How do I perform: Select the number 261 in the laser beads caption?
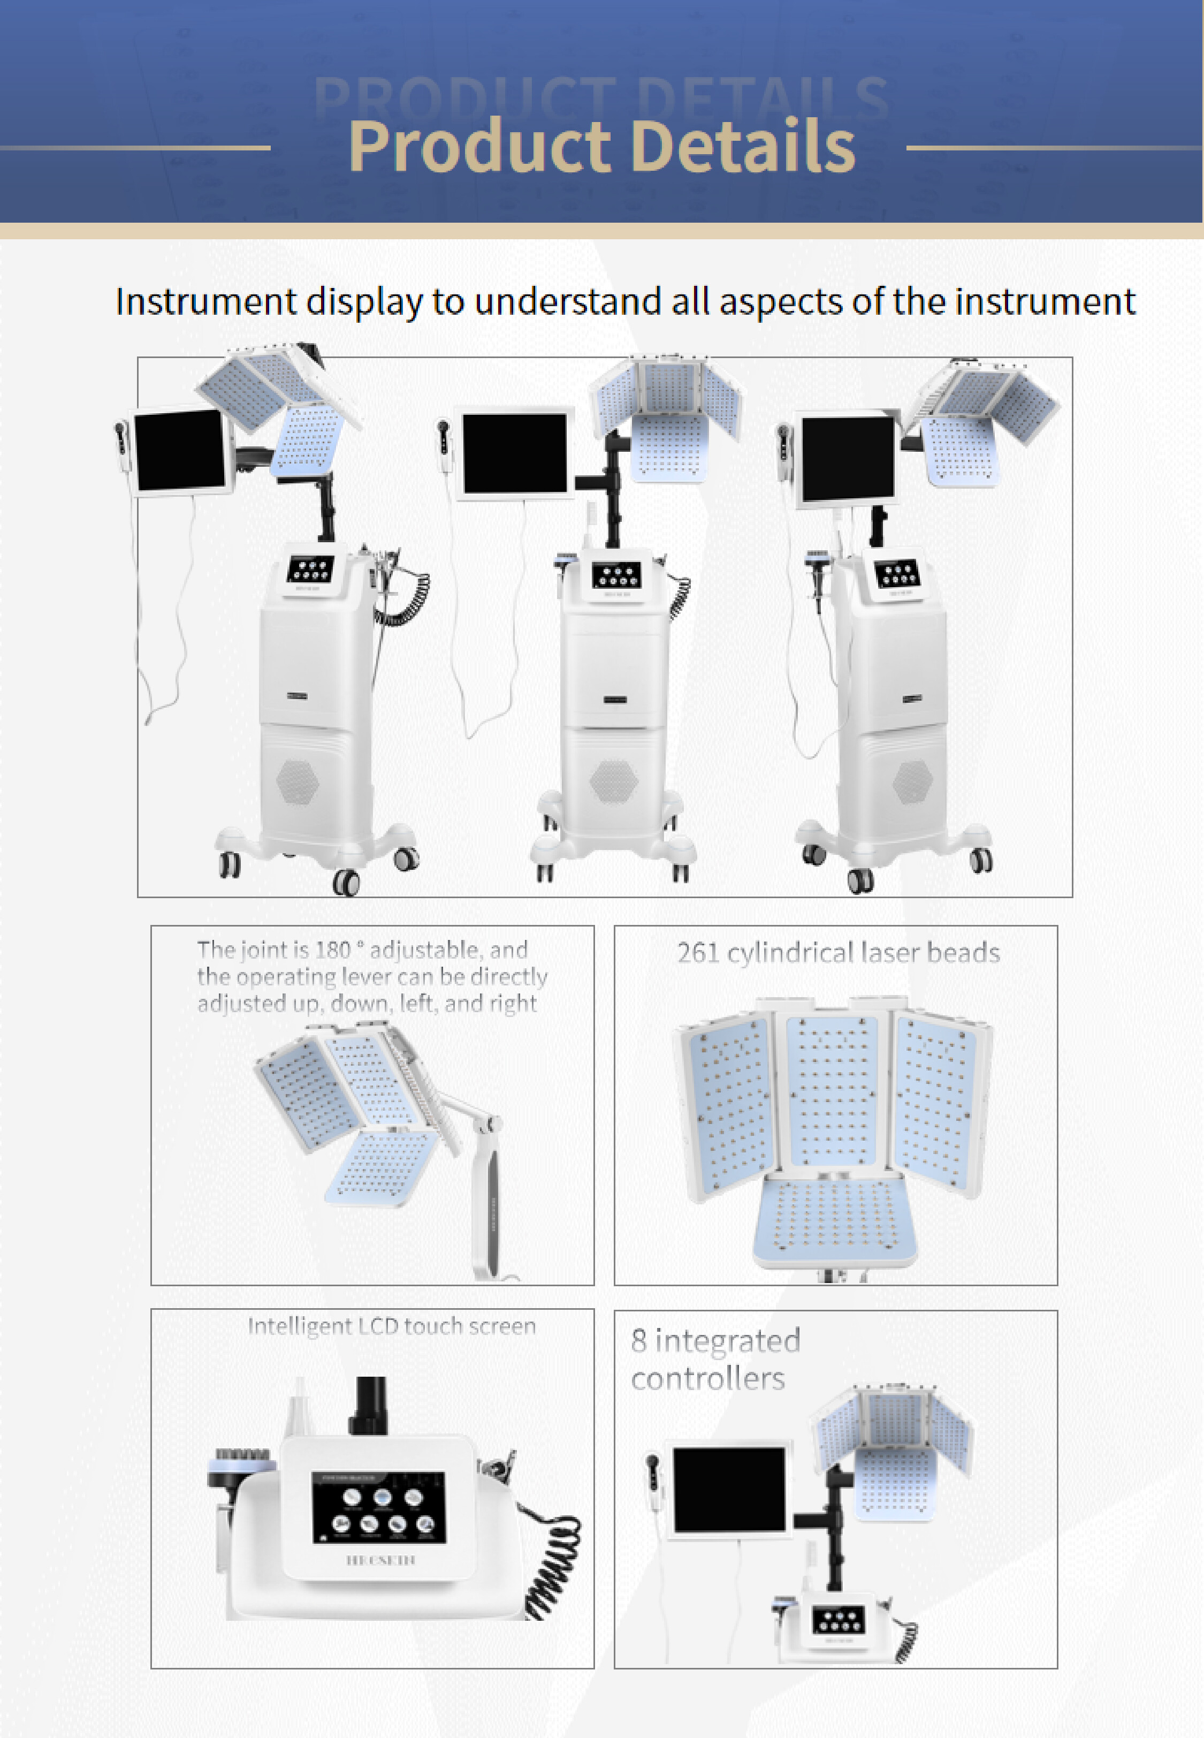click(x=697, y=953)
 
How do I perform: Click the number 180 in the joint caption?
click(x=333, y=950)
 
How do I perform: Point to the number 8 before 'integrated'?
click(x=638, y=1341)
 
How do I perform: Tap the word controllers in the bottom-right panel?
click(x=707, y=1379)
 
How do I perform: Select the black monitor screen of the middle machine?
click(x=514, y=453)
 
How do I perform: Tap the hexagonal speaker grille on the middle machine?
click(x=613, y=780)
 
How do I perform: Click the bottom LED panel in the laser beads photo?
click(x=835, y=1218)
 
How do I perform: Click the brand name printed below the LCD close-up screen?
click(x=380, y=1560)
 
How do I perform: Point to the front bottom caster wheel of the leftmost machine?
click(x=346, y=882)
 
